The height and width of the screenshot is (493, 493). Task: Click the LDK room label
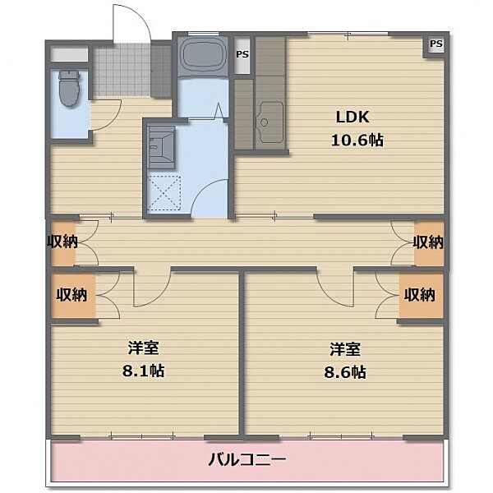[352, 117]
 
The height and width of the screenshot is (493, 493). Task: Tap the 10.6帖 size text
[357, 140]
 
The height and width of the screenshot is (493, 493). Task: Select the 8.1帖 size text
[143, 371]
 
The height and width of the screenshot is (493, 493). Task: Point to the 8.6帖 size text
[345, 372]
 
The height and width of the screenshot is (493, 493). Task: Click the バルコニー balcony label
[247, 459]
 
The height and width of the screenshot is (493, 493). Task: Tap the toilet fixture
[69, 89]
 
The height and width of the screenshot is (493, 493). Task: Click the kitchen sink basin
[270, 122]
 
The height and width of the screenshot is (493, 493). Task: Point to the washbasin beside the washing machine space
[161, 147]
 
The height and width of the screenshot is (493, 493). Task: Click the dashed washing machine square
[164, 192]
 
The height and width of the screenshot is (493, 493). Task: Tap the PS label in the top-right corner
[436, 44]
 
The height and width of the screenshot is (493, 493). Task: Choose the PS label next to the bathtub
[242, 54]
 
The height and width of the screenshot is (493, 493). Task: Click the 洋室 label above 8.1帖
[143, 348]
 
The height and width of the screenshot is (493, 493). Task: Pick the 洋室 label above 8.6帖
[345, 349]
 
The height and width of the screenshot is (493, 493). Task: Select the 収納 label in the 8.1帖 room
[71, 295]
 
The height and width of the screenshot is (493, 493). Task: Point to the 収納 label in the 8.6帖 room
[419, 295]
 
